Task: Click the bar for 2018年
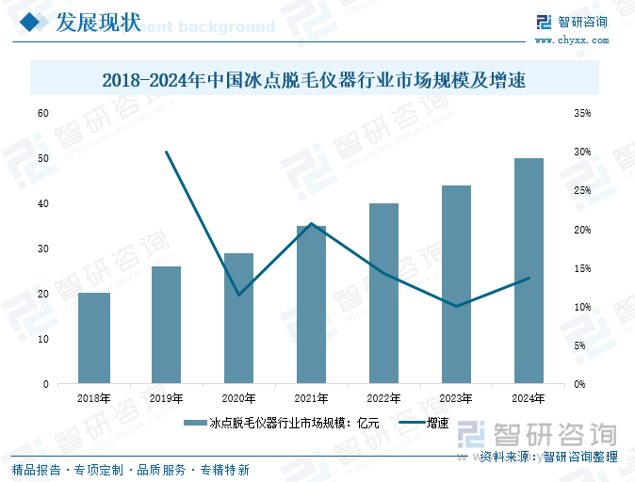click(x=94, y=339)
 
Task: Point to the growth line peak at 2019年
click(x=167, y=152)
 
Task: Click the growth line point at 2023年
click(x=457, y=306)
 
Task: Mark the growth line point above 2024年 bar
click(x=529, y=278)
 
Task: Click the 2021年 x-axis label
click(x=311, y=399)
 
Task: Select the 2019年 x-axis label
click(x=167, y=399)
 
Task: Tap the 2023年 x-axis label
click(x=457, y=399)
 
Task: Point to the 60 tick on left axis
click(x=42, y=113)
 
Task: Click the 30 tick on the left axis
click(x=42, y=249)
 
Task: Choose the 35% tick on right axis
click(x=581, y=113)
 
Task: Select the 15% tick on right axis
click(x=581, y=268)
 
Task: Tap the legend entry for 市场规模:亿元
click(x=283, y=425)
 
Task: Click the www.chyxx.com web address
click(x=572, y=40)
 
